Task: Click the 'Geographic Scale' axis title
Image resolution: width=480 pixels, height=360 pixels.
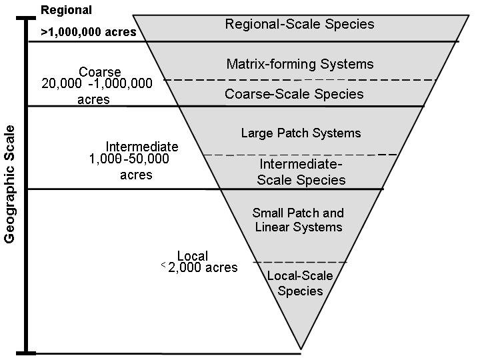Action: (9, 184)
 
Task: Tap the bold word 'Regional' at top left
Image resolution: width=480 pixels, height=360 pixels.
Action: (66, 10)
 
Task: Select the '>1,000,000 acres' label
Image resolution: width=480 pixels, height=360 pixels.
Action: (89, 32)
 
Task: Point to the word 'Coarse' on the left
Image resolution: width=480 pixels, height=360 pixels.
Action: (99, 72)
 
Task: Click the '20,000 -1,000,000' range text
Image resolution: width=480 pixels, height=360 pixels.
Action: (97, 83)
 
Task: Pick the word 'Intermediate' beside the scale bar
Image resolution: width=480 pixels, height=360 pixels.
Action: (142, 147)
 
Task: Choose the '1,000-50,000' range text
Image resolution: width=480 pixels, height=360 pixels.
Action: (129, 159)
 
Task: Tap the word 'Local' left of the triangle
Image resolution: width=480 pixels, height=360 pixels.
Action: (193, 256)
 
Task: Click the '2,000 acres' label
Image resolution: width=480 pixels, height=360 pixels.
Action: (203, 268)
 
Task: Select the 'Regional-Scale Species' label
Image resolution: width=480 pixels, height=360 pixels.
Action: (299, 25)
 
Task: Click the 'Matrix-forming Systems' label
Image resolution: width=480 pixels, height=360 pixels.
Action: (299, 65)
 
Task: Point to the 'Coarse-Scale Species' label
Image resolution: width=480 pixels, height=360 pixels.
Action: (294, 94)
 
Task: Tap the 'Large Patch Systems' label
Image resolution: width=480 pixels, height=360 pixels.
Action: (301, 133)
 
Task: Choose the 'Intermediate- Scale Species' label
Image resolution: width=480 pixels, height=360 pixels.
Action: (301, 172)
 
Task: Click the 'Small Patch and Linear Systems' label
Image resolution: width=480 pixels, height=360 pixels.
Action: (298, 220)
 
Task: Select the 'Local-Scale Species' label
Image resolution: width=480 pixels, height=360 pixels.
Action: (300, 283)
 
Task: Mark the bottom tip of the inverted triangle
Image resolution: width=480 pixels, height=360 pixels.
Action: (301, 349)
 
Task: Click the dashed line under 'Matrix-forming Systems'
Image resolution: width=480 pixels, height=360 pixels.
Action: (299, 80)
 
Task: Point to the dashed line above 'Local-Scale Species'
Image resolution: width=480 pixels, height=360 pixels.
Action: (300, 262)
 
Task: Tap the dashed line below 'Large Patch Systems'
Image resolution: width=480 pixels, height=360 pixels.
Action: (300, 155)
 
